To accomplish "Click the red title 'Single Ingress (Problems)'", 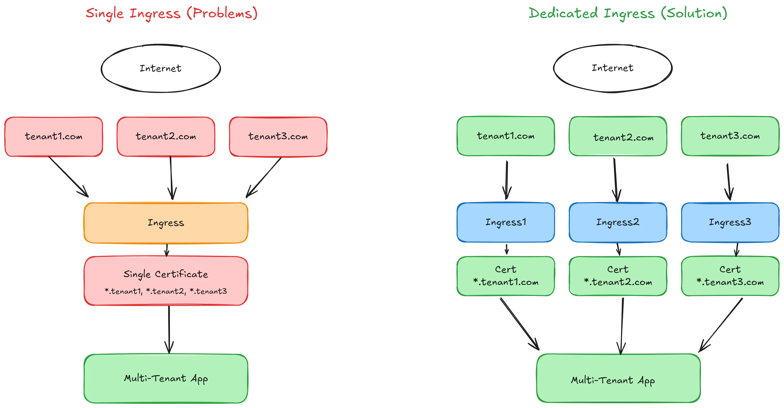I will (171, 13).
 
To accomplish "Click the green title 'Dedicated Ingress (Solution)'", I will (628, 13).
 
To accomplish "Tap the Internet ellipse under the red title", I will (161, 68).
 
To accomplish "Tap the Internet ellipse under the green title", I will (612, 68).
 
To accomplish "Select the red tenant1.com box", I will (53, 136).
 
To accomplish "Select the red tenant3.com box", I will (278, 136).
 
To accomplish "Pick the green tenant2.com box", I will (618, 136).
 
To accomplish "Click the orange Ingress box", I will (166, 223).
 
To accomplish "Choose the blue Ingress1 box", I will (506, 222).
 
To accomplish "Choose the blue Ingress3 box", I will (730, 222).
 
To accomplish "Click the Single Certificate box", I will (166, 281).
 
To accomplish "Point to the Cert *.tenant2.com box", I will (618, 276).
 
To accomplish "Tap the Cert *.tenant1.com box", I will (506, 276).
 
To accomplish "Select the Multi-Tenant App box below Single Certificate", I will (166, 378).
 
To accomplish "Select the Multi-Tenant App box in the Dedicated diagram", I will (618, 378).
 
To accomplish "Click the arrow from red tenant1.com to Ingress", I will (68, 177).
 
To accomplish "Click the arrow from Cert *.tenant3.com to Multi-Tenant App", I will (721, 325).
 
